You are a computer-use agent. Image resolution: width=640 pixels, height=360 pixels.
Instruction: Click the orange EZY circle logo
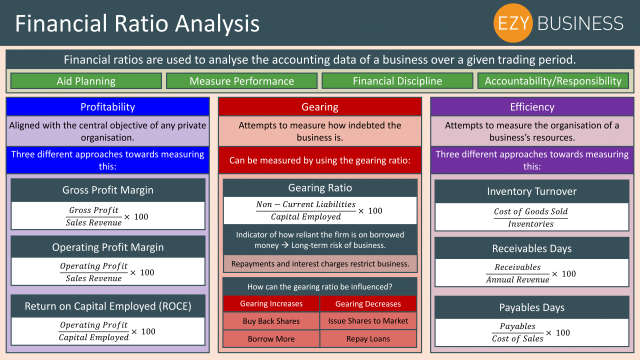513,23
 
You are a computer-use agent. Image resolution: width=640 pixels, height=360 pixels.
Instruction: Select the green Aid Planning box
86,81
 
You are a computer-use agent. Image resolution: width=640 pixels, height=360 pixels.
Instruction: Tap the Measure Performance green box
241,81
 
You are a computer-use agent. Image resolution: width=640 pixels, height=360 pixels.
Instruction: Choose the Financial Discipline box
397,81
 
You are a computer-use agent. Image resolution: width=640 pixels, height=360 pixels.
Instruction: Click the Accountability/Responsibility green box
553,81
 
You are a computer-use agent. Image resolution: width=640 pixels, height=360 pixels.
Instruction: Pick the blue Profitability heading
107,107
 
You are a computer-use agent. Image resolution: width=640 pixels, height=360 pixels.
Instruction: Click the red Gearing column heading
320,107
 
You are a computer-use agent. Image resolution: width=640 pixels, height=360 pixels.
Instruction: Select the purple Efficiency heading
532,107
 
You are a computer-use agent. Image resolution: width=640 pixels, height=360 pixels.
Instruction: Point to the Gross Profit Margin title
108,190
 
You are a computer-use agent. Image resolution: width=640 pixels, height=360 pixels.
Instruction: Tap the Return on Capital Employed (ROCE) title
108,306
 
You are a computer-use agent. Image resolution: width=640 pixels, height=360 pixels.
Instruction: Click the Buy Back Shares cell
271,321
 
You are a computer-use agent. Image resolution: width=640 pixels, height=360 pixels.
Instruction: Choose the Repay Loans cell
368,339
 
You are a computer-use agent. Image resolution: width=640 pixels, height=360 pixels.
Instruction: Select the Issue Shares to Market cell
368,321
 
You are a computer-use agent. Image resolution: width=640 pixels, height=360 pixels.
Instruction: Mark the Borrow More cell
271,339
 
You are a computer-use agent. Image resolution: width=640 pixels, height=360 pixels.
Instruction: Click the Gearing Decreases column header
368,303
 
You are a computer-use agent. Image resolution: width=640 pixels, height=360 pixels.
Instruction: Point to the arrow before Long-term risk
285,245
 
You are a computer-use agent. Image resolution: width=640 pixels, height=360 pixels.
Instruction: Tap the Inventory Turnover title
531,191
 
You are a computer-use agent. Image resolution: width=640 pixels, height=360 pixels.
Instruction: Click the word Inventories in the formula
530,224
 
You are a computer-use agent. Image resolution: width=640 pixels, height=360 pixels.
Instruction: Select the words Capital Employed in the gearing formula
305,217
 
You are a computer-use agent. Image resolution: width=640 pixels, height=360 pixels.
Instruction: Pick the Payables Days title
531,307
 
